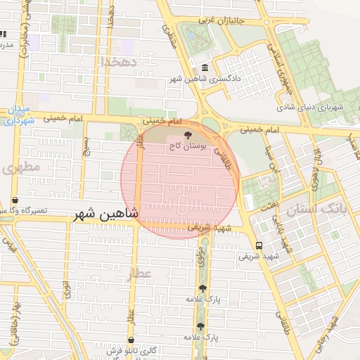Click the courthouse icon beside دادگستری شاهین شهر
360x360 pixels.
click(x=205, y=67)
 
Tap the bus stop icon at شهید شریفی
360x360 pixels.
click(x=259, y=245)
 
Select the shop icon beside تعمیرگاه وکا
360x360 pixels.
click(x=15, y=200)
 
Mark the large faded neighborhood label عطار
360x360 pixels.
click(x=140, y=273)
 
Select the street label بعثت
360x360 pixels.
click(x=269, y=204)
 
